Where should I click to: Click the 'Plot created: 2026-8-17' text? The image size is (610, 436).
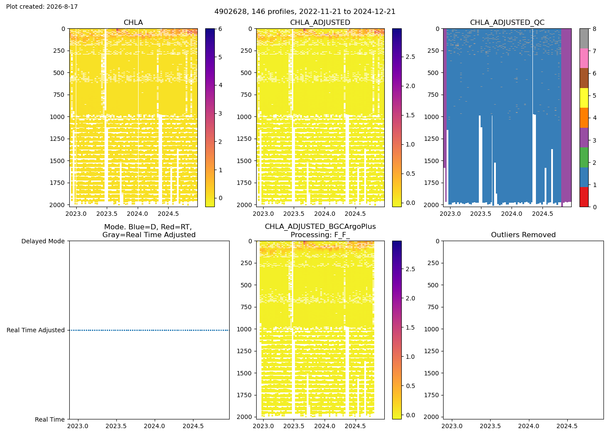tap(42, 7)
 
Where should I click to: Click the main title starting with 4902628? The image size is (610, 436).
tap(305, 11)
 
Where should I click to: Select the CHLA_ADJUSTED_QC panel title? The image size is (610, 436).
tap(507, 22)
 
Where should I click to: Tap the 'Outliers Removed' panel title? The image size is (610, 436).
tap(523, 235)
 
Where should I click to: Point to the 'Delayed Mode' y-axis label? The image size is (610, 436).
tap(43, 241)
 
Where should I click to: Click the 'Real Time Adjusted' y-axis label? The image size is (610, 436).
tap(36, 330)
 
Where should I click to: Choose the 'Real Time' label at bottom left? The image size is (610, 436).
tap(50, 419)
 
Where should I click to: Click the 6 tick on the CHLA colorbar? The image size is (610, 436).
tap(220, 29)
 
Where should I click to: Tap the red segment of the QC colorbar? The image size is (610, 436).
tap(584, 197)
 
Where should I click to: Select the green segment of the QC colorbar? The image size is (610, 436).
tap(584, 157)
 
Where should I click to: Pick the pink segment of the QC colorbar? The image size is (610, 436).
tap(584, 58)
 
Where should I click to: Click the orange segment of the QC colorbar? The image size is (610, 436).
tap(584, 118)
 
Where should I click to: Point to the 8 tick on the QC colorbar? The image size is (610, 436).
tap(594, 29)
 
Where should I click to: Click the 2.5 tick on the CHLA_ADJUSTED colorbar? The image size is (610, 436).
tap(410, 57)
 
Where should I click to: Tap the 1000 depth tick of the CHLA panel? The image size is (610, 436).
tap(57, 117)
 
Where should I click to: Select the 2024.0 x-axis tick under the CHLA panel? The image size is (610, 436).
tap(138, 214)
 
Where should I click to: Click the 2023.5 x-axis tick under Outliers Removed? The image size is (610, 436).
tap(490, 426)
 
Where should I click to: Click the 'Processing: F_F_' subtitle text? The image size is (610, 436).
tap(320, 235)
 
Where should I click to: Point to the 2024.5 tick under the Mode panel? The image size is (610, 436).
tap(193, 426)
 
